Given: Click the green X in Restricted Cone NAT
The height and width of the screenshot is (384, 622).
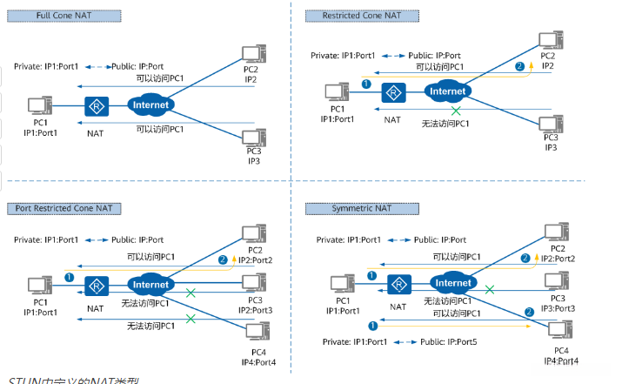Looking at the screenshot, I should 454,111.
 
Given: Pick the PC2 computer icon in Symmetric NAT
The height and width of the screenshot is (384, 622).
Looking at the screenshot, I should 552,232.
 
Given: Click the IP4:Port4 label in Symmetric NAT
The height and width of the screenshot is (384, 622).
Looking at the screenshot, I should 560,360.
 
